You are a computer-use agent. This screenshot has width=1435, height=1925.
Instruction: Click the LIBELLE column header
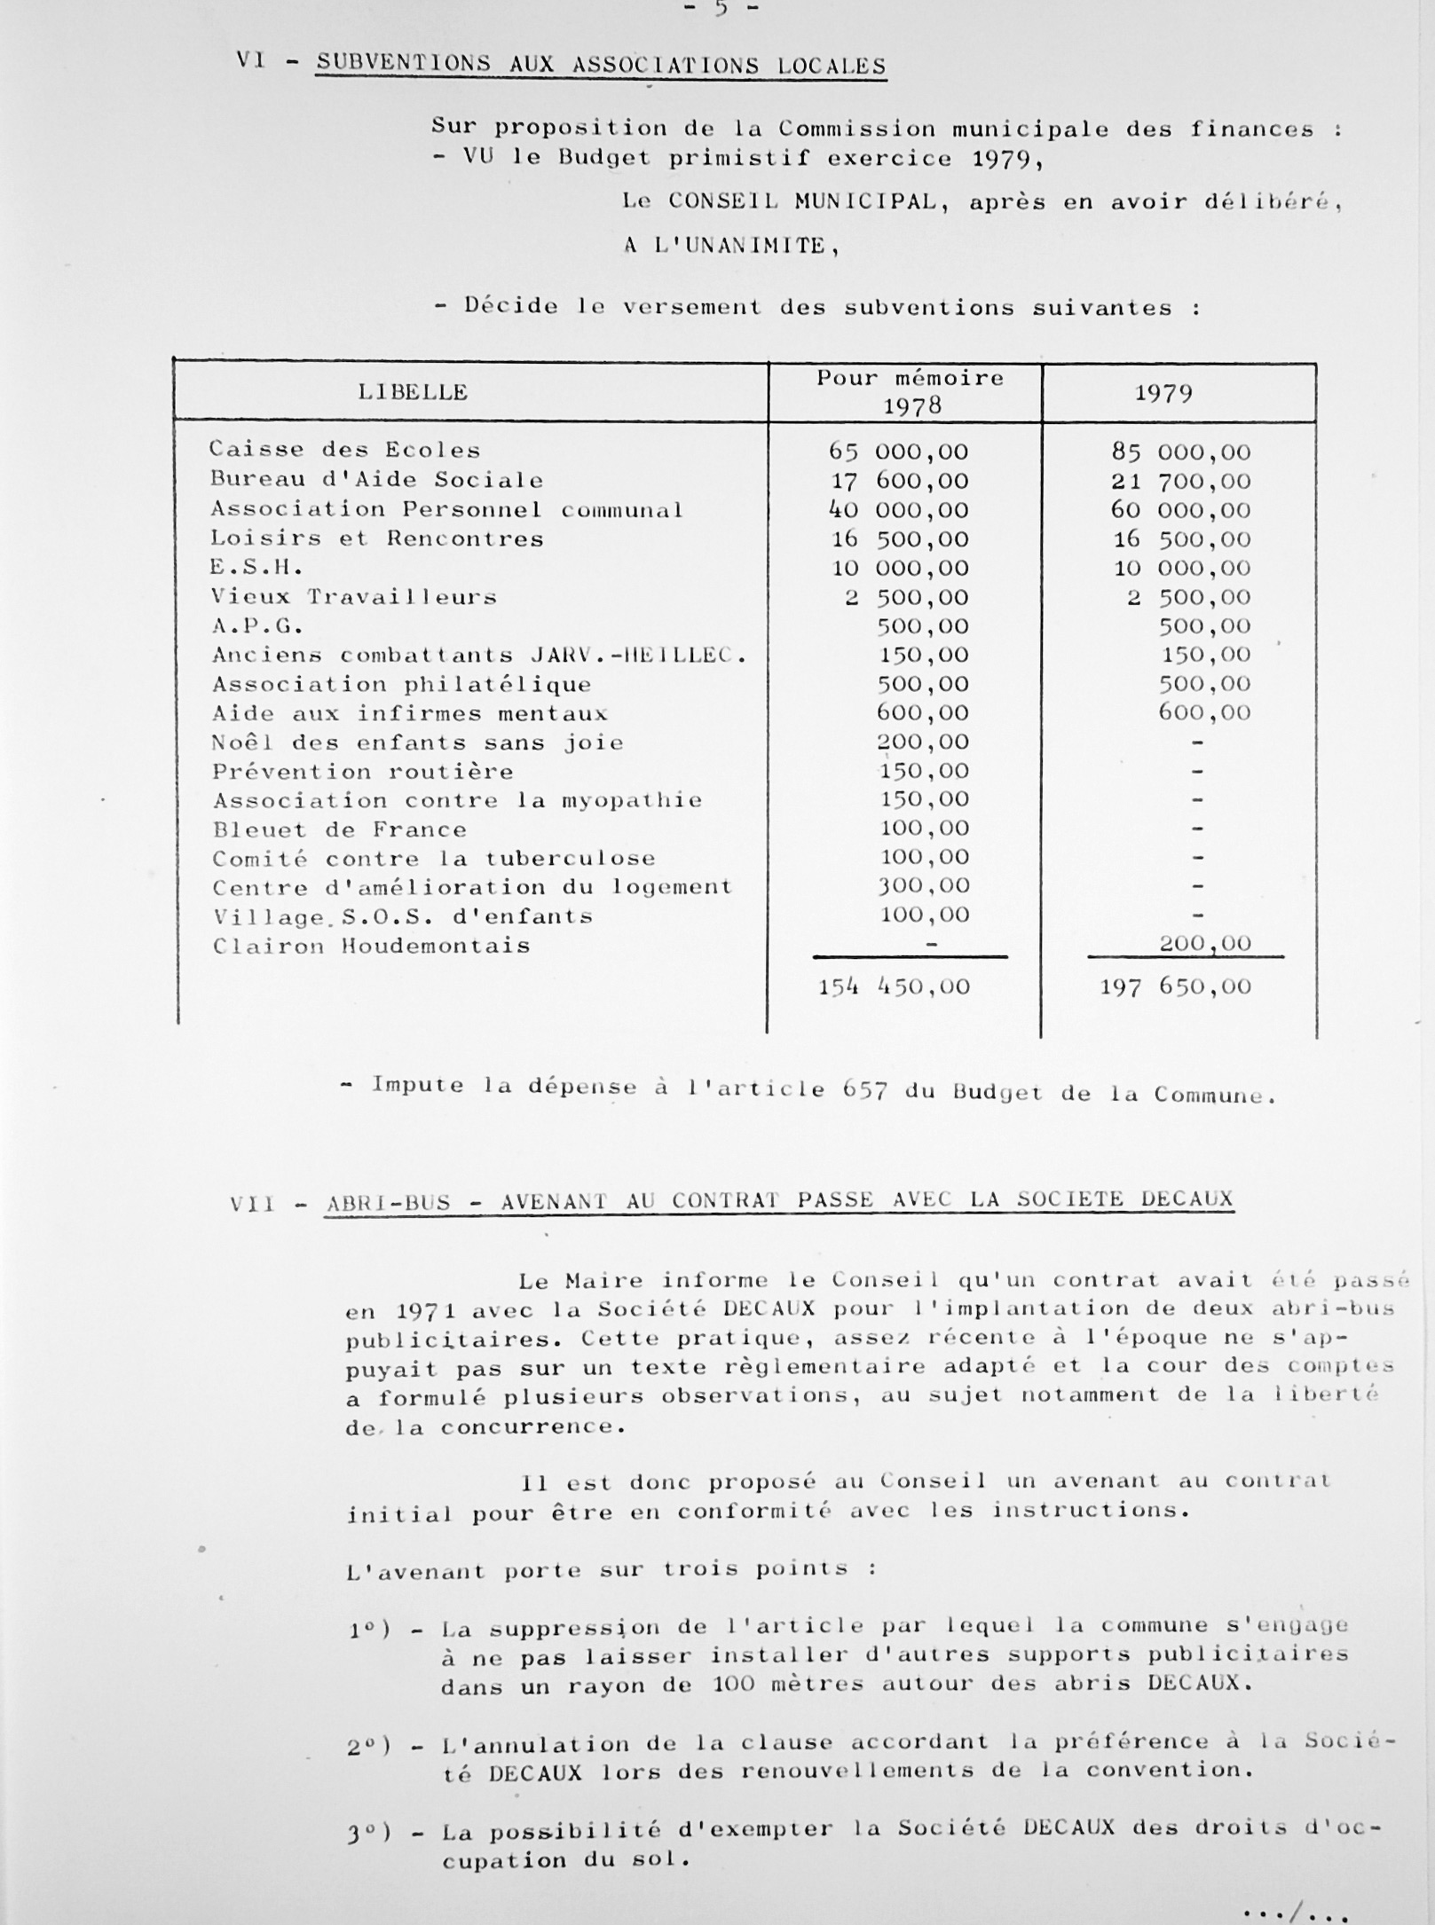coord(413,392)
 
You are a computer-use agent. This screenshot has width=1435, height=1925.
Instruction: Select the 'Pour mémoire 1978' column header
coord(910,392)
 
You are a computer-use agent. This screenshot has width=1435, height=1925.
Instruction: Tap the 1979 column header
coord(1163,393)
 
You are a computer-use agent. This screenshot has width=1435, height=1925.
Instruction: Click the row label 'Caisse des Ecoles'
coord(344,449)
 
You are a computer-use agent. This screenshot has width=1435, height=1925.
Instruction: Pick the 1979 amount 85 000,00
coord(1181,452)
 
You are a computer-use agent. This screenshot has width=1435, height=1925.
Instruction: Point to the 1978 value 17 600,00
coord(899,481)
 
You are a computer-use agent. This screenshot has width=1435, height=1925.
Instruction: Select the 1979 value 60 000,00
coord(1181,510)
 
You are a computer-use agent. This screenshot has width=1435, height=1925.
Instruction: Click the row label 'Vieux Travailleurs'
coord(353,597)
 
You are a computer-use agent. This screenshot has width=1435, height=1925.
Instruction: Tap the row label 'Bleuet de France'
coord(339,829)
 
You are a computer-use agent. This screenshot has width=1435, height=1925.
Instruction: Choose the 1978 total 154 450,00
coord(894,986)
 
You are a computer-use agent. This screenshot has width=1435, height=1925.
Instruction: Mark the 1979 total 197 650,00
coord(1176,986)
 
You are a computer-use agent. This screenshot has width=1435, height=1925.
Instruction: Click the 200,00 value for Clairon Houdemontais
coord(1205,943)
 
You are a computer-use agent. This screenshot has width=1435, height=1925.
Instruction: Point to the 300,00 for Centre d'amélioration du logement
coord(923,885)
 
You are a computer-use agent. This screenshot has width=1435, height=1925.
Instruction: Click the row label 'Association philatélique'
coord(401,684)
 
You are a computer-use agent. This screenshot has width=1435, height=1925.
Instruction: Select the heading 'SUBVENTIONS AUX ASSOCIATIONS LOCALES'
coord(601,65)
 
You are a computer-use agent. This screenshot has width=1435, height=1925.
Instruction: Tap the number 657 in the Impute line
coord(865,1089)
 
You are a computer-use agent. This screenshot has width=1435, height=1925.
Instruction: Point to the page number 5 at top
coord(721,8)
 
